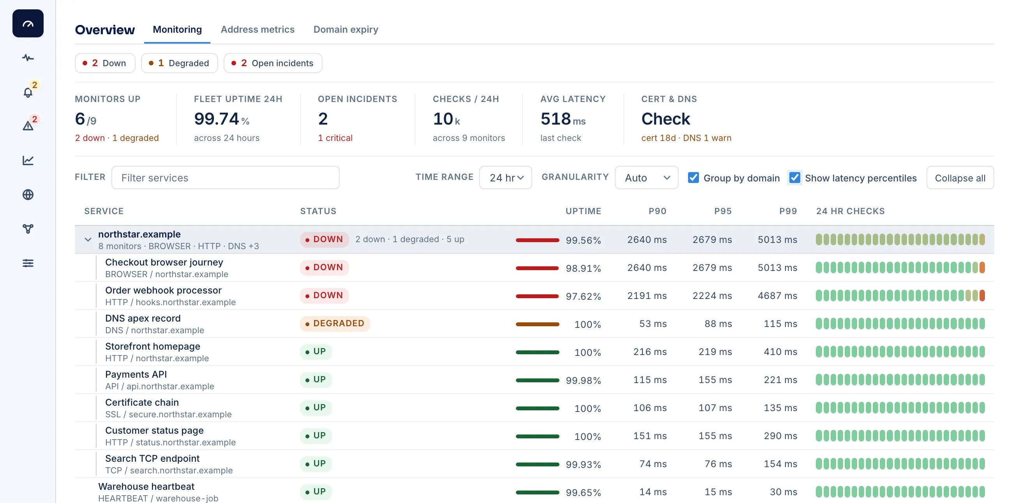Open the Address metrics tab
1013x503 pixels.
[x=257, y=30]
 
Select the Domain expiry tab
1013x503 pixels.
[x=346, y=30]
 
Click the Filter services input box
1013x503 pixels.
[x=225, y=178]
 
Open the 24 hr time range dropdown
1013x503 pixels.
[x=506, y=178]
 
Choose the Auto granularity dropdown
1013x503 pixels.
[x=646, y=178]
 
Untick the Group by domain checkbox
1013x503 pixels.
[x=693, y=178]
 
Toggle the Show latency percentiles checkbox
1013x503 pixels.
[x=795, y=178]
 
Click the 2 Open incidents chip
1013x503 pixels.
[x=273, y=63]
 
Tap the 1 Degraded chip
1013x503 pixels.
[x=179, y=63]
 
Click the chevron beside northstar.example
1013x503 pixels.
[x=88, y=239]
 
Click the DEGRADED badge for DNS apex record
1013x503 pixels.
[x=335, y=324]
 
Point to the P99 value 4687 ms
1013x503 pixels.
[x=777, y=295]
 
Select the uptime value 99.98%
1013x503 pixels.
[x=583, y=380]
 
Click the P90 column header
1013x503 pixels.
[x=657, y=211]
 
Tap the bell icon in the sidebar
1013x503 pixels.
[x=28, y=92]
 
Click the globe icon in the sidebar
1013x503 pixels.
[x=28, y=195]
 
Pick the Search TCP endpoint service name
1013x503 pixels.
[x=152, y=458]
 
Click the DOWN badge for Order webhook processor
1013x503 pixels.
[x=325, y=295]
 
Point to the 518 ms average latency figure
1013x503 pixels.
[x=563, y=119]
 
